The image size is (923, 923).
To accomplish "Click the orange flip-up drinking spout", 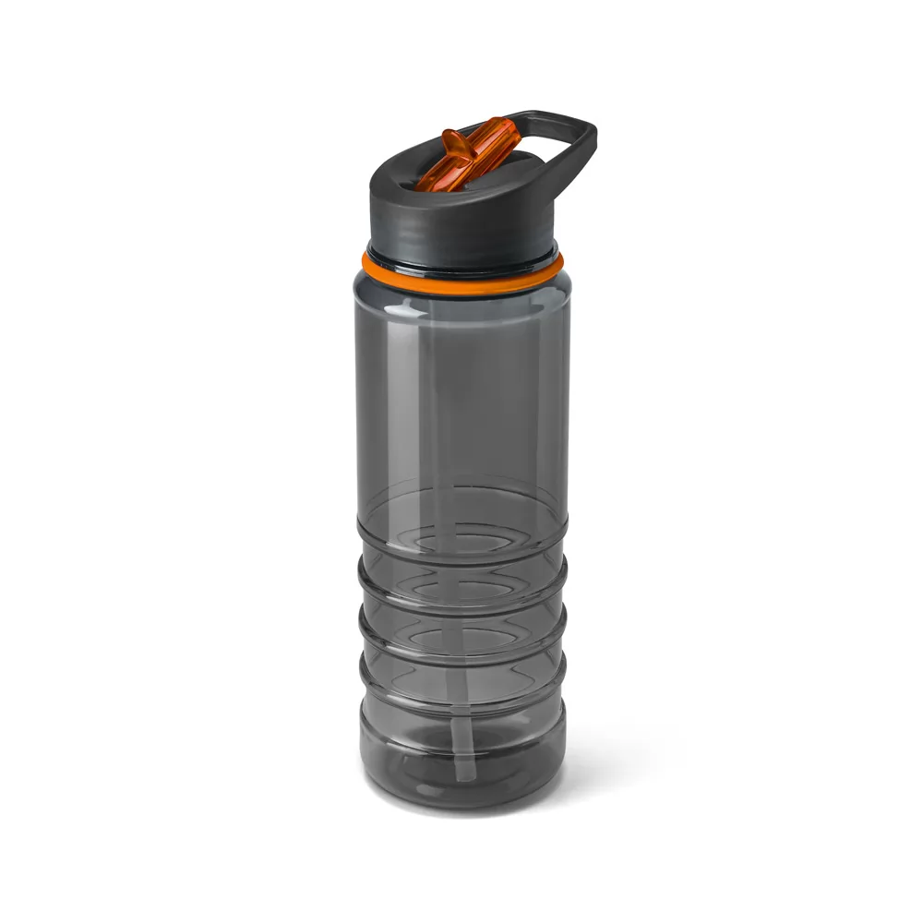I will [x=466, y=154].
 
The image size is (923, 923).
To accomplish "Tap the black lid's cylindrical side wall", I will [x=461, y=226].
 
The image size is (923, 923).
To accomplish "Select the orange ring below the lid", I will [x=461, y=277].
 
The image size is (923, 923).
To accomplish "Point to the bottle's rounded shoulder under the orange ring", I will [x=461, y=305].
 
